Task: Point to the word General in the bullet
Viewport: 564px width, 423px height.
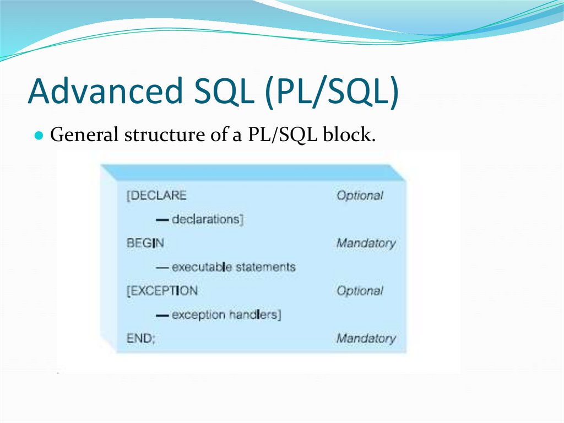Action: point(84,135)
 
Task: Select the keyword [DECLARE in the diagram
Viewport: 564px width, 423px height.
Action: point(156,195)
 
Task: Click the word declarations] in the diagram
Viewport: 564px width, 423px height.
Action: point(207,219)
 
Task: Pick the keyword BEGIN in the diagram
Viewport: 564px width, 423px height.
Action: point(145,243)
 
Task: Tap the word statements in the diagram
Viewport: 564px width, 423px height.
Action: point(265,267)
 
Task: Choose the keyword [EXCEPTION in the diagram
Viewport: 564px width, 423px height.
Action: point(162,291)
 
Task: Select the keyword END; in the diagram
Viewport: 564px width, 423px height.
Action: point(141,339)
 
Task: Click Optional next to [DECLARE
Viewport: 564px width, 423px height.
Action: point(360,195)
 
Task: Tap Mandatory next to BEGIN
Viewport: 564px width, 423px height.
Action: point(366,243)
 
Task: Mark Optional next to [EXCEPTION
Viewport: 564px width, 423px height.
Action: point(360,291)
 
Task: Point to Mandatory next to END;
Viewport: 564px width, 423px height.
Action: point(366,339)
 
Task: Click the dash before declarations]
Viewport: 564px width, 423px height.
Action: point(162,219)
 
